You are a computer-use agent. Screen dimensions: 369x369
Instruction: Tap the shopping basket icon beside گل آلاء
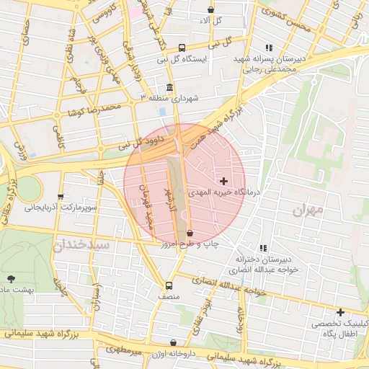210,10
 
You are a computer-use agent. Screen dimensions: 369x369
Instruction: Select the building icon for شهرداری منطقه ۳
170,88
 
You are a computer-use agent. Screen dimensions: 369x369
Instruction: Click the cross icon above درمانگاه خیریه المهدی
223,180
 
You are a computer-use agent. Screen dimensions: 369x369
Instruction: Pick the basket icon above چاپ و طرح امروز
190,234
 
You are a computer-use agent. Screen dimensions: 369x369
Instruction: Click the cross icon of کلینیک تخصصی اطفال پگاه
339,312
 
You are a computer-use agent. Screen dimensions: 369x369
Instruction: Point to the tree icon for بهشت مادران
10,278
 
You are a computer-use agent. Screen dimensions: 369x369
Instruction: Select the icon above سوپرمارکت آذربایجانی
60,196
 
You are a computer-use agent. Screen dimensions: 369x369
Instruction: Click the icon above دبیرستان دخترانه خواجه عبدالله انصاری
263,247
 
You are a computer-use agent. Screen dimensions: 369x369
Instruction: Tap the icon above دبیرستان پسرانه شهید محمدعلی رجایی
270,48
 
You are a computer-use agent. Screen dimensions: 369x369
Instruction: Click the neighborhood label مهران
311,211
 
